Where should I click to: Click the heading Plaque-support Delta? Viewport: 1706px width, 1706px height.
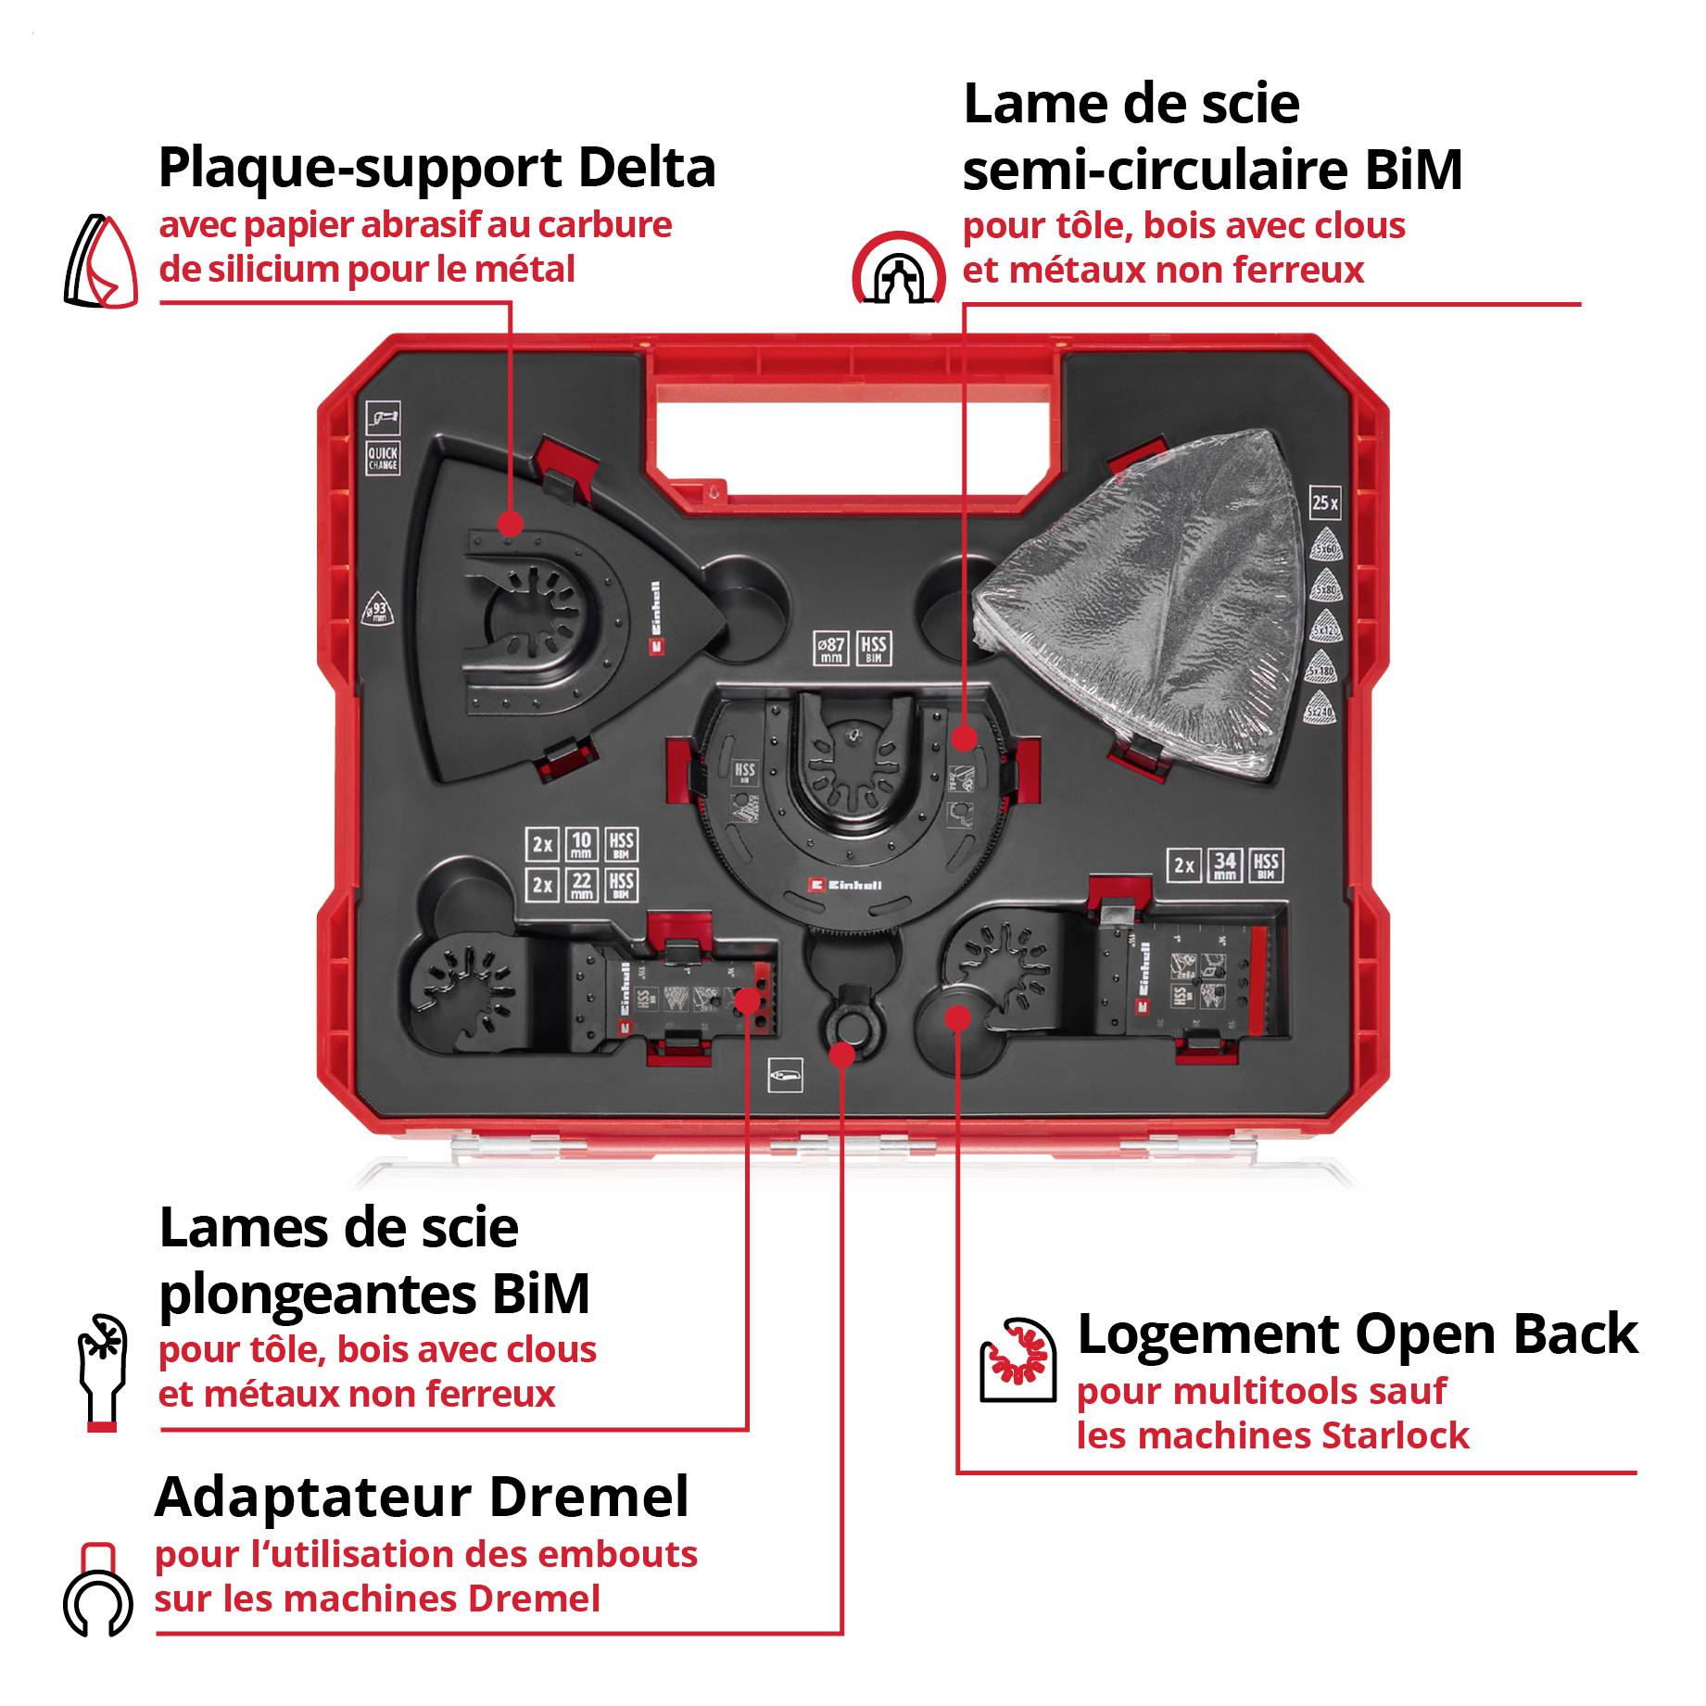click(x=436, y=168)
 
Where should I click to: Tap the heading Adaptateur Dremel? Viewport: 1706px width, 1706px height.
click(x=422, y=1497)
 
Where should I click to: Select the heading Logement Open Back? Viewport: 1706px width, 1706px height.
click(x=1357, y=1333)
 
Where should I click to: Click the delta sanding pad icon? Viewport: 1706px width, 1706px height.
click(x=100, y=261)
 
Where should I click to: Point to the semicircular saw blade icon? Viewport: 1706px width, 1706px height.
click(x=898, y=268)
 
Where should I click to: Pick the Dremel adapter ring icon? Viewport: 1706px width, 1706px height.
click(x=97, y=1590)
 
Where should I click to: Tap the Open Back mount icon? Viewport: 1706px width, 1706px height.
click(x=1017, y=1358)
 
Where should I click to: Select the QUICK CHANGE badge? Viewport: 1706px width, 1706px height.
click(x=383, y=458)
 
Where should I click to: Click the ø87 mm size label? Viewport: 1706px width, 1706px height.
click(x=831, y=648)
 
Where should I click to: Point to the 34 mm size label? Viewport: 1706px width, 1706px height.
click(x=1224, y=866)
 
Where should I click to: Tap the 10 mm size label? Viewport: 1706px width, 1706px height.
click(x=581, y=844)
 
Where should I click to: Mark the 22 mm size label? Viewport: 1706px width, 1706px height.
click(x=581, y=884)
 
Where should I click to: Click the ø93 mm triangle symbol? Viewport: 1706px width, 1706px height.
click(x=376, y=609)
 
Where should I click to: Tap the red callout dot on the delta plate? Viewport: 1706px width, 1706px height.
click(x=509, y=524)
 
